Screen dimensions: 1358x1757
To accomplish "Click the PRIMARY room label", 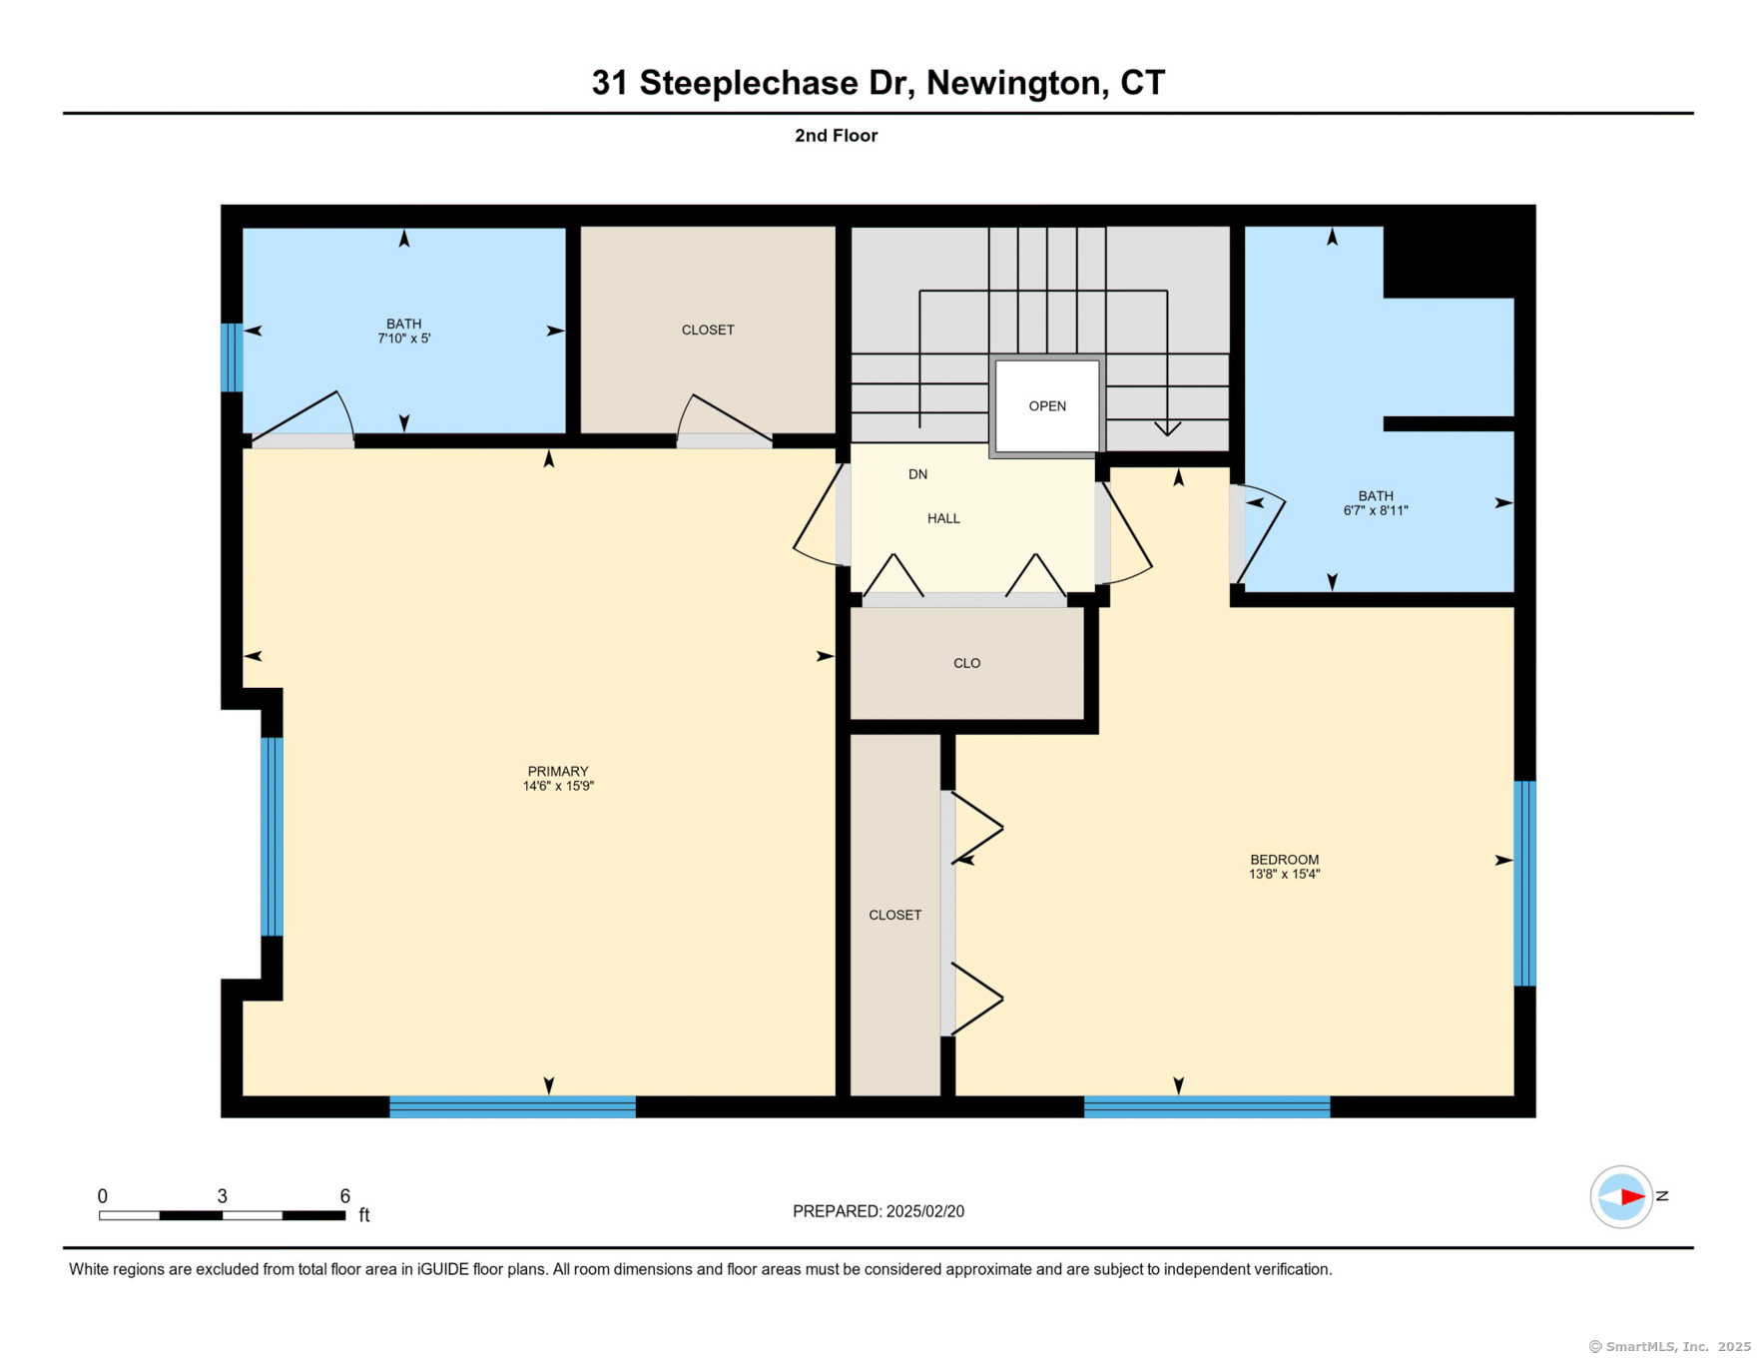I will click(558, 771).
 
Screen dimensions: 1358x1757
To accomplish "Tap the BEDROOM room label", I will click(1284, 860).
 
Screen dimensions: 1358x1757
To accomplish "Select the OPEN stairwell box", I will click(1047, 406).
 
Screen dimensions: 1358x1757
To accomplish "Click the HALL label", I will click(943, 518).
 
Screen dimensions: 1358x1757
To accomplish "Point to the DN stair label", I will click(917, 474).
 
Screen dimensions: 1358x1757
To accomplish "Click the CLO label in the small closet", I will click(966, 663).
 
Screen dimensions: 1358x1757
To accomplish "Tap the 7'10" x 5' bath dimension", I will click(403, 339).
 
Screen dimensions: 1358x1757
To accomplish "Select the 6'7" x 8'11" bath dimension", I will click(1375, 510).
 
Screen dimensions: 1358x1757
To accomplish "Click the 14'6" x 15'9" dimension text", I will click(558, 786).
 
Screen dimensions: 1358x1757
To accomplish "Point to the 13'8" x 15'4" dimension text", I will click(1284, 874).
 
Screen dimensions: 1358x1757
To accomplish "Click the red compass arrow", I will click(1631, 1196).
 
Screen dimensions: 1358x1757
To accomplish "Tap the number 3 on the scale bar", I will click(222, 1196).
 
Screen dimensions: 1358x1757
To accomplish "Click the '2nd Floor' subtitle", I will click(836, 136).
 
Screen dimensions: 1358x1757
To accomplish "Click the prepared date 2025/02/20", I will click(924, 1211).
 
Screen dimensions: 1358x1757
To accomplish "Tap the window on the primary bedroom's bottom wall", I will click(512, 1106).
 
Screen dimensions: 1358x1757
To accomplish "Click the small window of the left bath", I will click(232, 356).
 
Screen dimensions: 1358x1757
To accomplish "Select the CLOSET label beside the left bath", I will click(708, 330).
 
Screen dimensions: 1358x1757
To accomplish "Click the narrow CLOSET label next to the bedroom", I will click(894, 915).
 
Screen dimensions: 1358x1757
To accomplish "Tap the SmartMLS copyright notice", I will click(1669, 1346).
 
